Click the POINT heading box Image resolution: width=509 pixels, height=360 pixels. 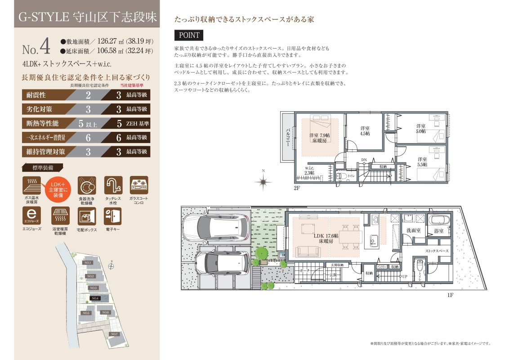pyautogui.click(x=189, y=35)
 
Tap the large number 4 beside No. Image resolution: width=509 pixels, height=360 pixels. pyautogui.click(x=44, y=46)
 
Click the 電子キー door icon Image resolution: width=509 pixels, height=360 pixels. pyautogui.click(x=112, y=216)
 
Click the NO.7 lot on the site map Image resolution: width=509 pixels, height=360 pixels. pyautogui.click(x=114, y=334)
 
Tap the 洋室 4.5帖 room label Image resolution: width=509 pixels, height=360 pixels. pyautogui.click(x=365, y=130)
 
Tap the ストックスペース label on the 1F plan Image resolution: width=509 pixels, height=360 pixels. pyautogui.click(x=437, y=251)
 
